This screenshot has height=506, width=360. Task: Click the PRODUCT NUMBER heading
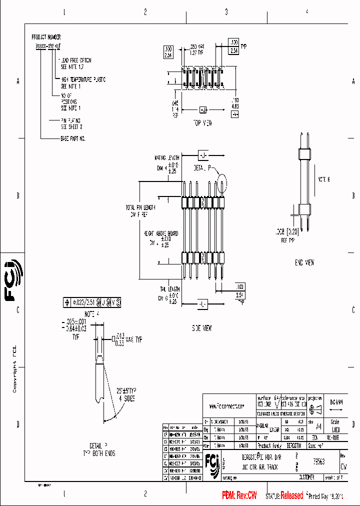[46, 37]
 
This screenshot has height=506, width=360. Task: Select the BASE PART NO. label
[73, 138]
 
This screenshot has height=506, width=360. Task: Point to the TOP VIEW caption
[201, 123]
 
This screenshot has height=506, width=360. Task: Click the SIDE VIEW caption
[201, 328]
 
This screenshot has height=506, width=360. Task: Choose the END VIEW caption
[304, 262]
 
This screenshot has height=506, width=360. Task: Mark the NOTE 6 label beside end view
[324, 178]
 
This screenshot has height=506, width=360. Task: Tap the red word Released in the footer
[291, 495]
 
